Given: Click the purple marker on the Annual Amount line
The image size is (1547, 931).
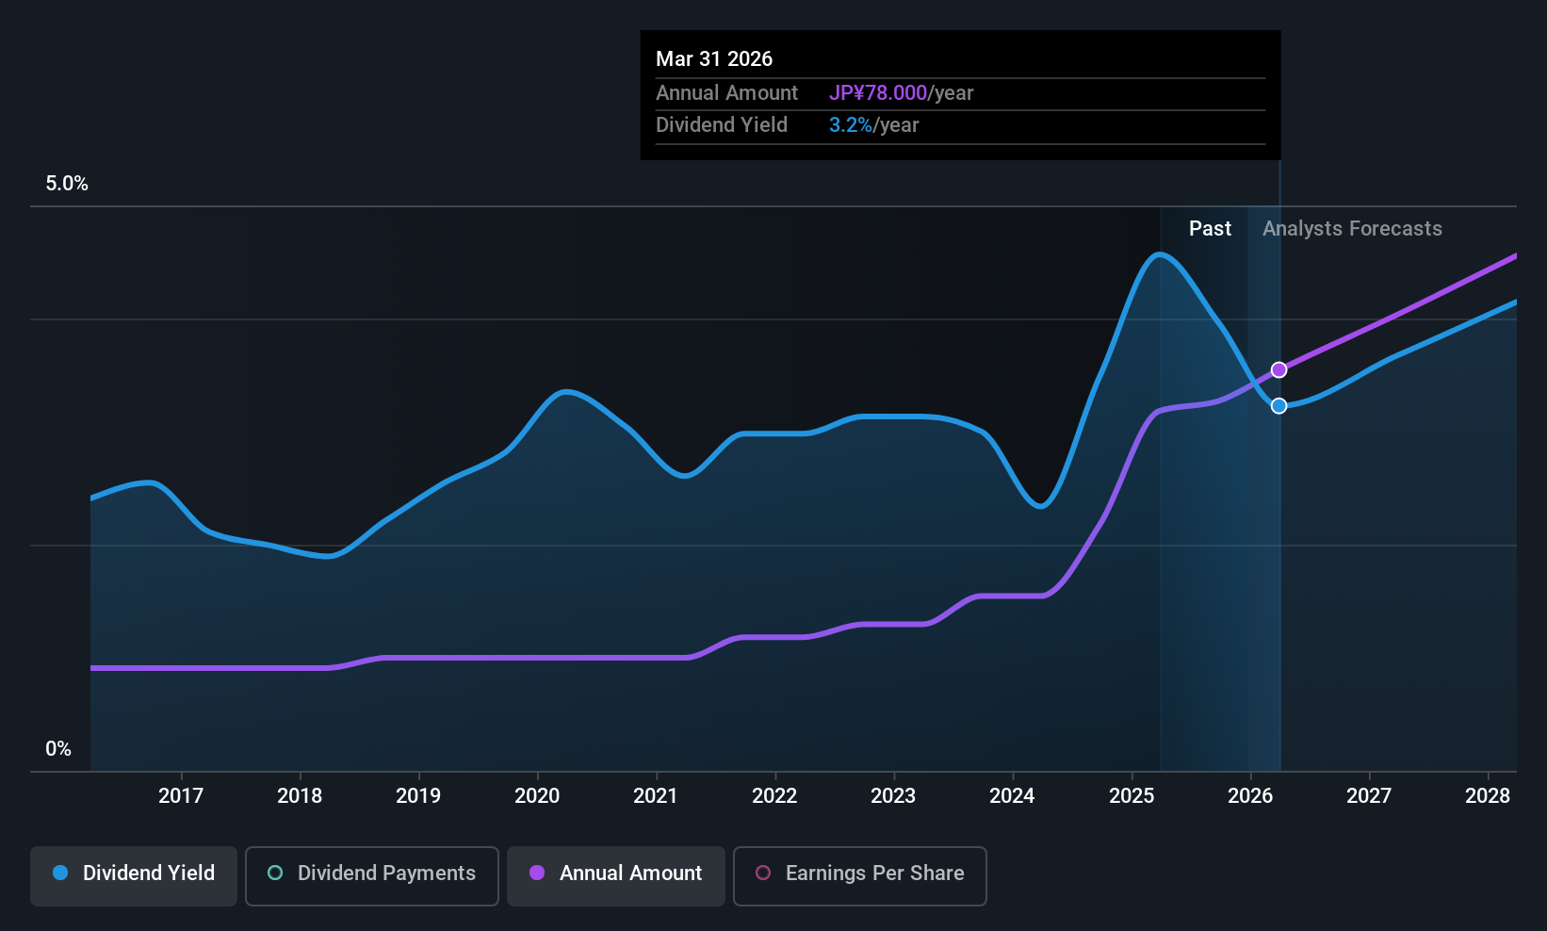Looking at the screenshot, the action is click(1278, 370).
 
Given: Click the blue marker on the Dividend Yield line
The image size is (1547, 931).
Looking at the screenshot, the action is click(1278, 406).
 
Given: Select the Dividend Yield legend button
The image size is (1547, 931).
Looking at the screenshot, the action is click(133, 875).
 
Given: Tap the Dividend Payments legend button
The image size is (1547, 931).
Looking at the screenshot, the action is click(371, 875).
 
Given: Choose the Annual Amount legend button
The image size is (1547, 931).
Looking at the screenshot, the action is click(615, 875).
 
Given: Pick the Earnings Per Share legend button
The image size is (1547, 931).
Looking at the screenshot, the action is click(860, 875).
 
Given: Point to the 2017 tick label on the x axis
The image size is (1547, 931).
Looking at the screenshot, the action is click(181, 795).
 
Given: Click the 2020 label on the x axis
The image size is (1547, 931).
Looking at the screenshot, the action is click(537, 795).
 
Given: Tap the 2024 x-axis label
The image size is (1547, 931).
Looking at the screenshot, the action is click(1013, 795).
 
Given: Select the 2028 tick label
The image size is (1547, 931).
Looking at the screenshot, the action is click(1488, 795).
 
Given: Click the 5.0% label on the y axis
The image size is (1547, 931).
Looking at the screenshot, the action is click(67, 184).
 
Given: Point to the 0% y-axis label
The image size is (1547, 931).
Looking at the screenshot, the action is click(58, 749).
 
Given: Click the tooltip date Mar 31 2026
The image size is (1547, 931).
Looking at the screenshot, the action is click(714, 58).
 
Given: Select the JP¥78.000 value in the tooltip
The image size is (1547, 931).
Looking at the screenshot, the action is click(878, 92).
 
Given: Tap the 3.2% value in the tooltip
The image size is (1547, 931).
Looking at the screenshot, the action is click(850, 125).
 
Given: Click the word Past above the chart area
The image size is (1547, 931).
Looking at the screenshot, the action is click(1210, 229).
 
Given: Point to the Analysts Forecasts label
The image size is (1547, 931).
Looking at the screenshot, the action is click(1352, 229).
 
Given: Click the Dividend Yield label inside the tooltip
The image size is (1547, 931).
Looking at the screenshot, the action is click(722, 125).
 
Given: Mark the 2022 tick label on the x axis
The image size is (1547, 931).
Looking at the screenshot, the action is click(774, 795).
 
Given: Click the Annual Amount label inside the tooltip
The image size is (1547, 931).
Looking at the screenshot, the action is click(726, 92).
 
